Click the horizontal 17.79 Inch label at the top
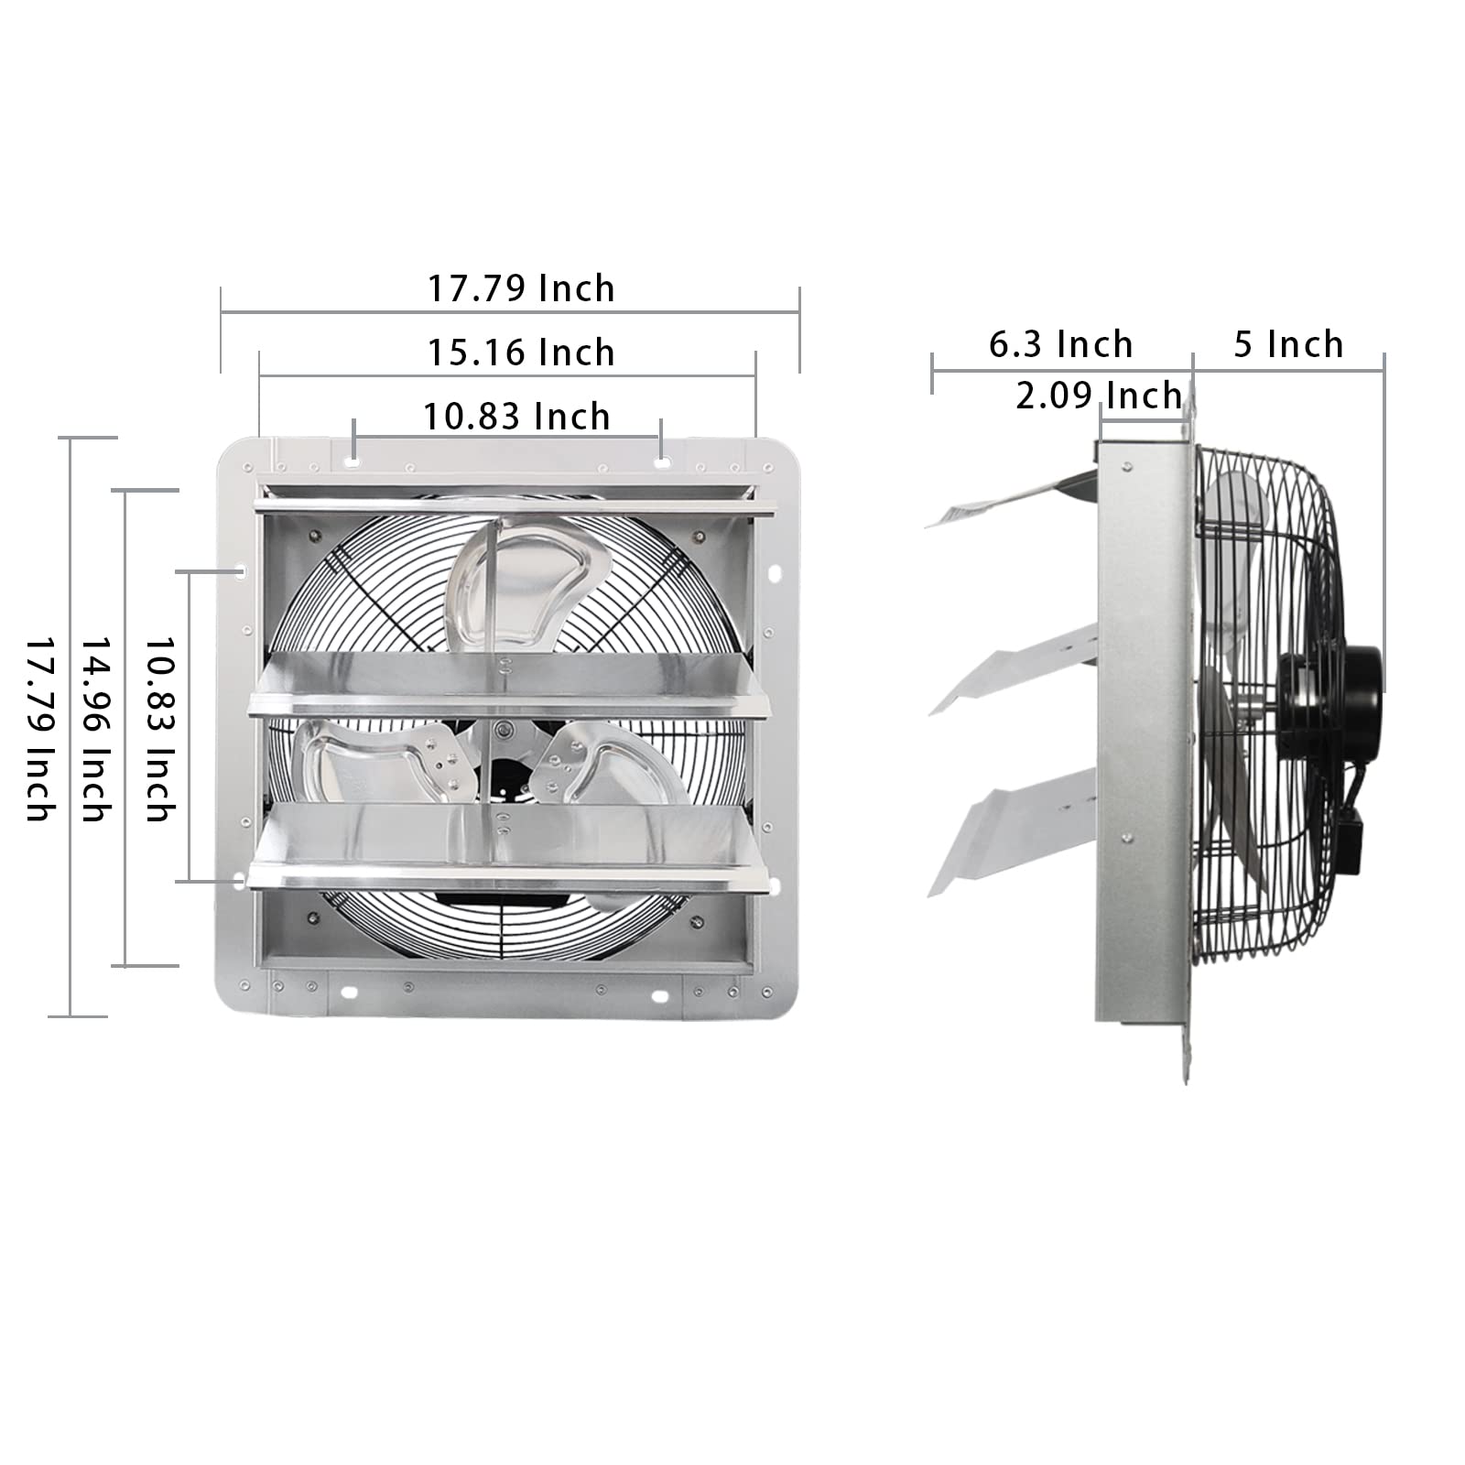521,288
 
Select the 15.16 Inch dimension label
521,353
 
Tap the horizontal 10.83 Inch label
516,417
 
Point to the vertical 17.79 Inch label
38,729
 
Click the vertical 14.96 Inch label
97,729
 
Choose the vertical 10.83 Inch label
161,729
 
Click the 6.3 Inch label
1061,345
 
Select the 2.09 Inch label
1098,396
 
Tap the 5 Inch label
1288,345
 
